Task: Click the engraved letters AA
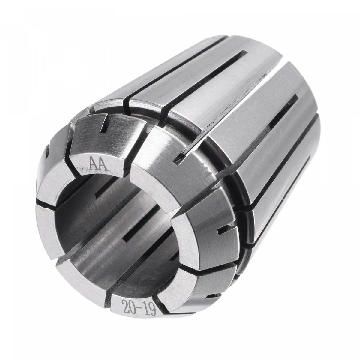pyautogui.click(x=99, y=164)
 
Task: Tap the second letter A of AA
pyautogui.click(x=104, y=165)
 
